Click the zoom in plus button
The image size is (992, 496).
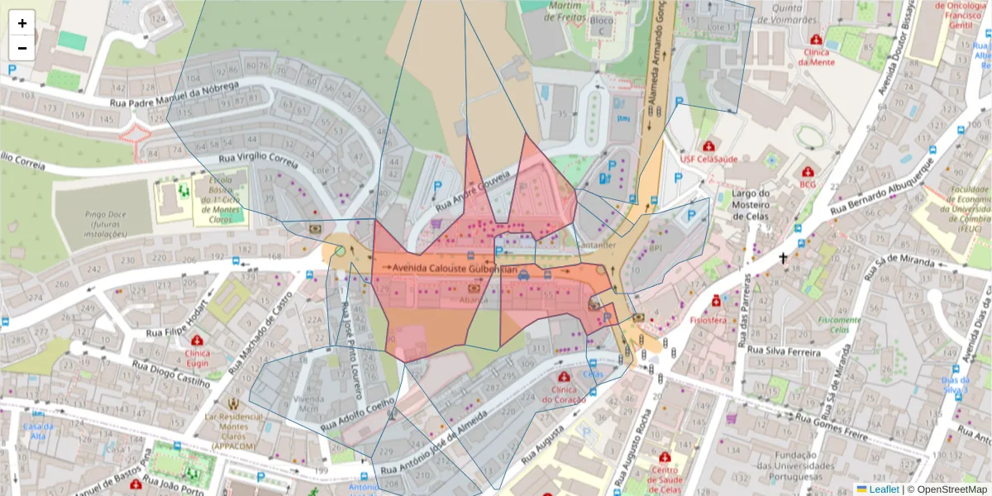point(21,23)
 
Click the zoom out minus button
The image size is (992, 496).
point(21,48)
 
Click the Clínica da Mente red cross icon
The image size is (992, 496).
point(816,40)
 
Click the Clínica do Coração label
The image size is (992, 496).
point(564,394)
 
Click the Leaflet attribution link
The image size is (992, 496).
point(883,489)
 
